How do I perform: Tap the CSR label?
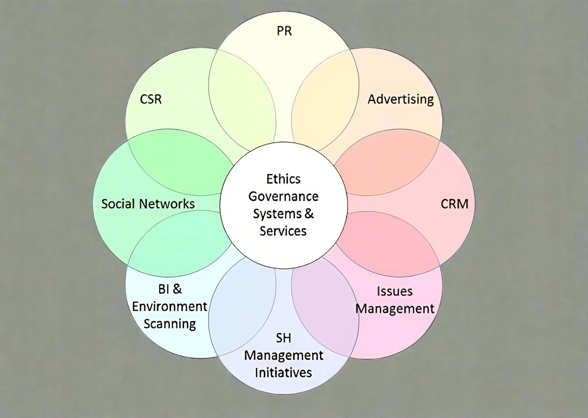pyautogui.click(x=151, y=100)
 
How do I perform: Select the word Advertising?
pyautogui.click(x=401, y=99)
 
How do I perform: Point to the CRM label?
pyautogui.click(x=454, y=204)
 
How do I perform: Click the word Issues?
pyautogui.click(x=395, y=292)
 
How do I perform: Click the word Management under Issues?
pyautogui.click(x=395, y=309)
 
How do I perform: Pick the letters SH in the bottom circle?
pyautogui.click(x=284, y=338)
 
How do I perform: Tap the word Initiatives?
pyautogui.click(x=284, y=372)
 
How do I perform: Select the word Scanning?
pyautogui.click(x=170, y=324)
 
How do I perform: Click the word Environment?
pyautogui.click(x=170, y=307)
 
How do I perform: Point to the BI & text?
pyautogui.click(x=170, y=290)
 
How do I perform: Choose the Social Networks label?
pyautogui.click(x=148, y=203)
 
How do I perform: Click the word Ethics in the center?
pyautogui.click(x=284, y=179)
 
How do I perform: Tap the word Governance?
pyautogui.click(x=284, y=196)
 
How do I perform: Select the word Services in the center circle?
pyautogui.click(x=284, y=231)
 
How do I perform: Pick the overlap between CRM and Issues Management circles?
pyautogui.click(x=387, y=242)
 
